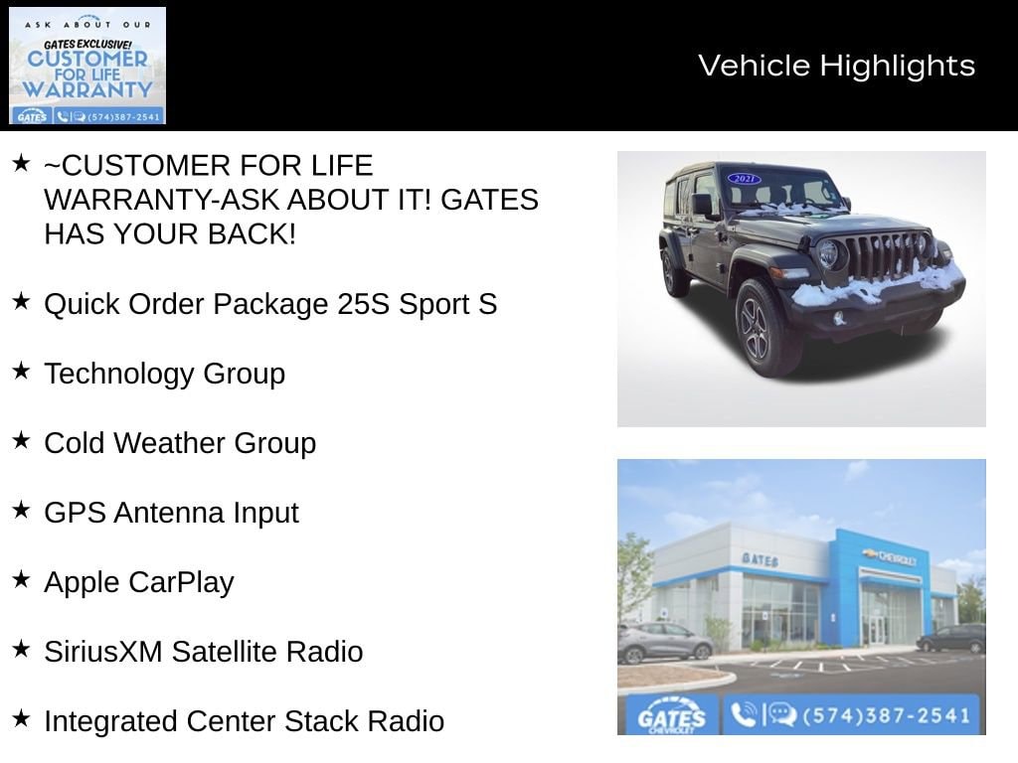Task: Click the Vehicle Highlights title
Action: coord(836,66)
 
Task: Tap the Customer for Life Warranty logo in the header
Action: coord(87,66)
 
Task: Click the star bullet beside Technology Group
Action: coord(22,372)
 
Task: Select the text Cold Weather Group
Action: coord(180,443)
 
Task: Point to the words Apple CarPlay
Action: coord(139,582)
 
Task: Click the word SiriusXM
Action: coord(103,652)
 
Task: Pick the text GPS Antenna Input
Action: coord(171,514)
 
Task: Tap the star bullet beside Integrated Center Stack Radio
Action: coord(22,718)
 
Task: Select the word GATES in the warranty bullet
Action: coord(489,200)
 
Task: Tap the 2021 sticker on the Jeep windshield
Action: coord(744,179)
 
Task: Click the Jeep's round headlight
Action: coord(828,253)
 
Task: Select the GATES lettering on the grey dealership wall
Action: coord(760,558)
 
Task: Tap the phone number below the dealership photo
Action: coord(886,715)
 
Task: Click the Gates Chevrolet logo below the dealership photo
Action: coord(671,716)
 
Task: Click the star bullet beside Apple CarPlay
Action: coord(22,579)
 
